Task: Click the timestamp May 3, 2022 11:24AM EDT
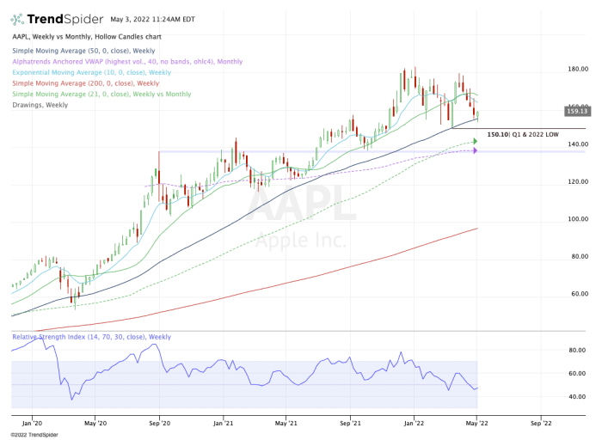click(152, 19)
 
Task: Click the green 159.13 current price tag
click(576, 111)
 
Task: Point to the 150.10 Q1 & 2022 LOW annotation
click(521, 134)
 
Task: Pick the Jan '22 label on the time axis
click(414, 422)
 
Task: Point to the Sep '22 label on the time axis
click(540, 422)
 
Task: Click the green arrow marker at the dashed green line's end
click(474, 142)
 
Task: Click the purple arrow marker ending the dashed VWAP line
click(474, 151)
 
